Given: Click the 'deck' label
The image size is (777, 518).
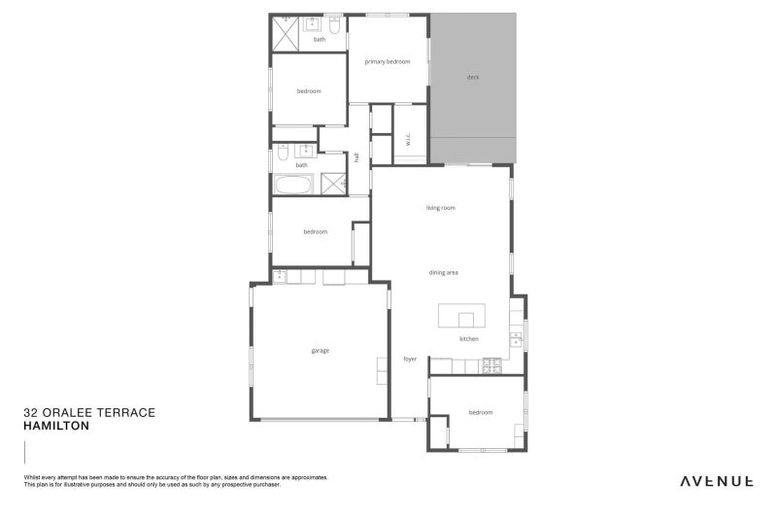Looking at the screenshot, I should pos(473,77).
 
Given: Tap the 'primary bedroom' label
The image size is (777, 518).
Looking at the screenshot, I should pos(388,62).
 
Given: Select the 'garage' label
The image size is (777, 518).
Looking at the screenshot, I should pos(321,351).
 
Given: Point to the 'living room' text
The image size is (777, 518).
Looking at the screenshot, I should pos(440,208).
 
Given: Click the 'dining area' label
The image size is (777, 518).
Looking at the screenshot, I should pos(443,273).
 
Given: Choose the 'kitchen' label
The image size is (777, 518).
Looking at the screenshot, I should pos(468,339).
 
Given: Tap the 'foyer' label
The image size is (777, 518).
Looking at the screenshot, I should pos(410,360).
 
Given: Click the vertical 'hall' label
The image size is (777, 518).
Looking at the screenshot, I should pos(357,157).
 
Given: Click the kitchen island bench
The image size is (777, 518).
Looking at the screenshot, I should pos(460,317).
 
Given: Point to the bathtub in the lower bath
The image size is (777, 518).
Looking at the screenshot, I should pos(293,185).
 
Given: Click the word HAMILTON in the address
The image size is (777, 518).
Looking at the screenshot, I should pos(56,426).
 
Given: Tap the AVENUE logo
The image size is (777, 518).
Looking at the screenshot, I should pos(717,480).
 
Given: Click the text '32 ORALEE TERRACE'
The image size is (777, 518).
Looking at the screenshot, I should pos(88,412).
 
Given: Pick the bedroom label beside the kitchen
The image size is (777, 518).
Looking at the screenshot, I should pos(481,413).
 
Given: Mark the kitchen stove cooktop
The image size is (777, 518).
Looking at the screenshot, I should pos(491,365).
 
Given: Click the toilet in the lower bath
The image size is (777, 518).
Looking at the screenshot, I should pos(281,154).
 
